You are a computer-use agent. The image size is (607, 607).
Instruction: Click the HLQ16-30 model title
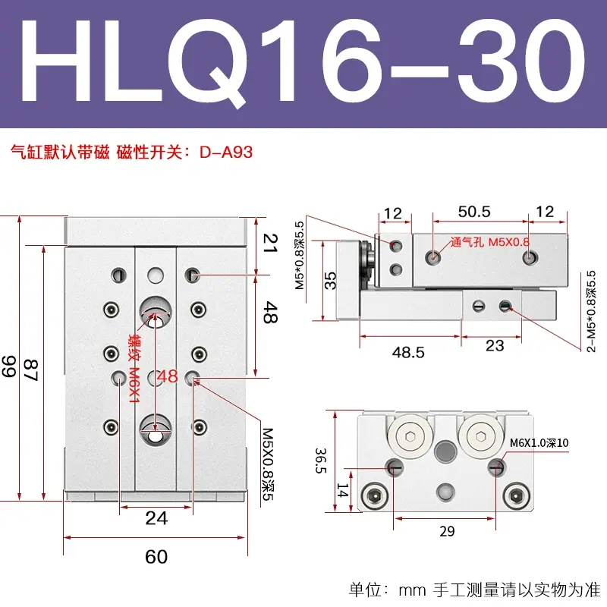[x=303, y=61]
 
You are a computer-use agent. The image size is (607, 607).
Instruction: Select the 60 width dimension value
[x=156, y=557]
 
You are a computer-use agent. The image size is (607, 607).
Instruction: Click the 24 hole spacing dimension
[x=156, y=518]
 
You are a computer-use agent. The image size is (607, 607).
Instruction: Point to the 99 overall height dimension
[x=9, y=366]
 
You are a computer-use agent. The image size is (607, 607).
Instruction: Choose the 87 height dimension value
[x=31, y=370]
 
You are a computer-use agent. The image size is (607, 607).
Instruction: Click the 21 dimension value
[x=270, y=243]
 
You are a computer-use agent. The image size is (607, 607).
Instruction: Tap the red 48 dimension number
[x=168, y=376]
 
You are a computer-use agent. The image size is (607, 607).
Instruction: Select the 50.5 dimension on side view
[x=474, y=212]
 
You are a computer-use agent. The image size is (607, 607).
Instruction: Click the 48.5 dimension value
[x=408, y=352]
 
